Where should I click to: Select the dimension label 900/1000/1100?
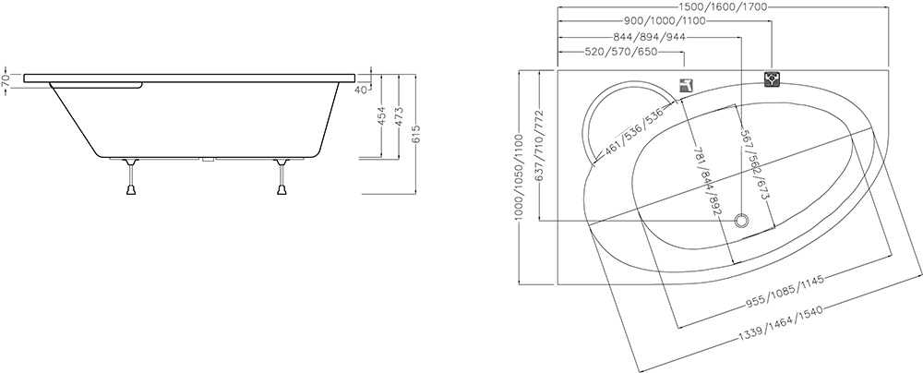665,22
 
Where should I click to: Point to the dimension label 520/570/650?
621,53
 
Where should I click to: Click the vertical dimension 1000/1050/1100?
518,176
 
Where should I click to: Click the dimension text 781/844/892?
708,181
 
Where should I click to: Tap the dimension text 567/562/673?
757,164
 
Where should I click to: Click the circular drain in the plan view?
742,221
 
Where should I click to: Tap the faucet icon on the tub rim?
686,86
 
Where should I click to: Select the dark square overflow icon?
773,79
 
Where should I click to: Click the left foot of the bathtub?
131,176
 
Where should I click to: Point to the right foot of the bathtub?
282,176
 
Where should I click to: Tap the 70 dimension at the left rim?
6,81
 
